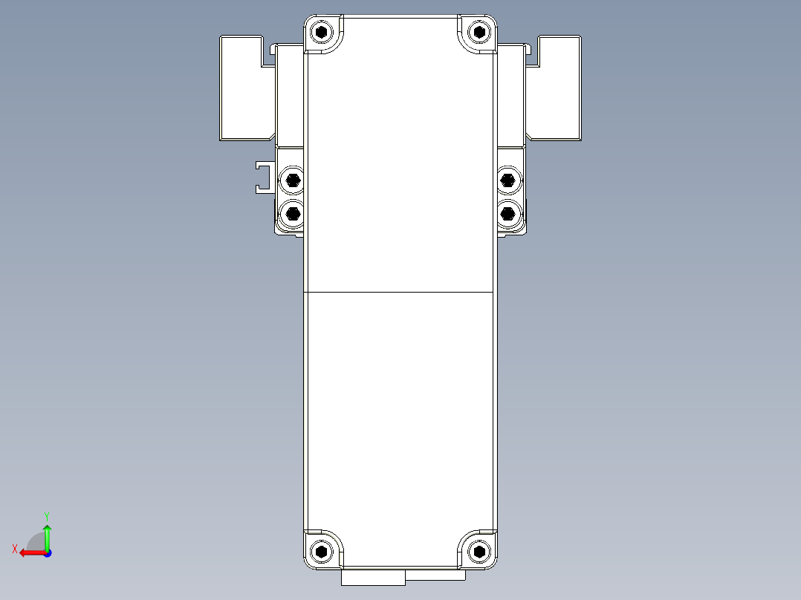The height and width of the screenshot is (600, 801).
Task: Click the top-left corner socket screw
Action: pyautogui.click(x=321, y=32)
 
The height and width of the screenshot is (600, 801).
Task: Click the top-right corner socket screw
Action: pyautogui.click(x=480, y=32)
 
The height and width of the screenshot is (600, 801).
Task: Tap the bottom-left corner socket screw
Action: pyautogui.click(x=321, y=551)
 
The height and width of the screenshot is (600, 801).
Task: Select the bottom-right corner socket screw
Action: pyautogui.click(x=480, y=551)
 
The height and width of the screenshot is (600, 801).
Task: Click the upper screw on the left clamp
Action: pyautogui.click(x=293, y=179)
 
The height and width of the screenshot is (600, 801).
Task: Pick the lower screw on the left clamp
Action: pyautogui.click(x=293, y=214)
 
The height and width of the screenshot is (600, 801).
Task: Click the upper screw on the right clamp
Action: pyautogui.click(x=508, y=179)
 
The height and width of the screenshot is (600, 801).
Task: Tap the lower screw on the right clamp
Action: pyautogui.click(x=508, y=214)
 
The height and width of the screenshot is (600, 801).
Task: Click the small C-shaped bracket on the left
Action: pyautogui.click(x=262, y=177)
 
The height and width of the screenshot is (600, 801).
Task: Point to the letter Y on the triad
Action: pyautogui.click(x=46, y=515)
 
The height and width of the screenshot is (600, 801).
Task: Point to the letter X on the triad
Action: pyautogui.click(x=14, y=549)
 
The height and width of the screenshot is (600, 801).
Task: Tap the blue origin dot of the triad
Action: pyautogui.click(x=47, y=552)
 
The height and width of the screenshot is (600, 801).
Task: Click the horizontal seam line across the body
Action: pyautogui.click(x=400, y=292)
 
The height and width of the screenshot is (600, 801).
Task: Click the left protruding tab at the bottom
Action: pyautogui.click(x=373, y=577)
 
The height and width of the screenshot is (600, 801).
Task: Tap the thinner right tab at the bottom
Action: pyautogui.click(x=435, y=575)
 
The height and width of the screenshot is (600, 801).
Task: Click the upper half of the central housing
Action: pyautogui.click(x=400, y=163)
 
